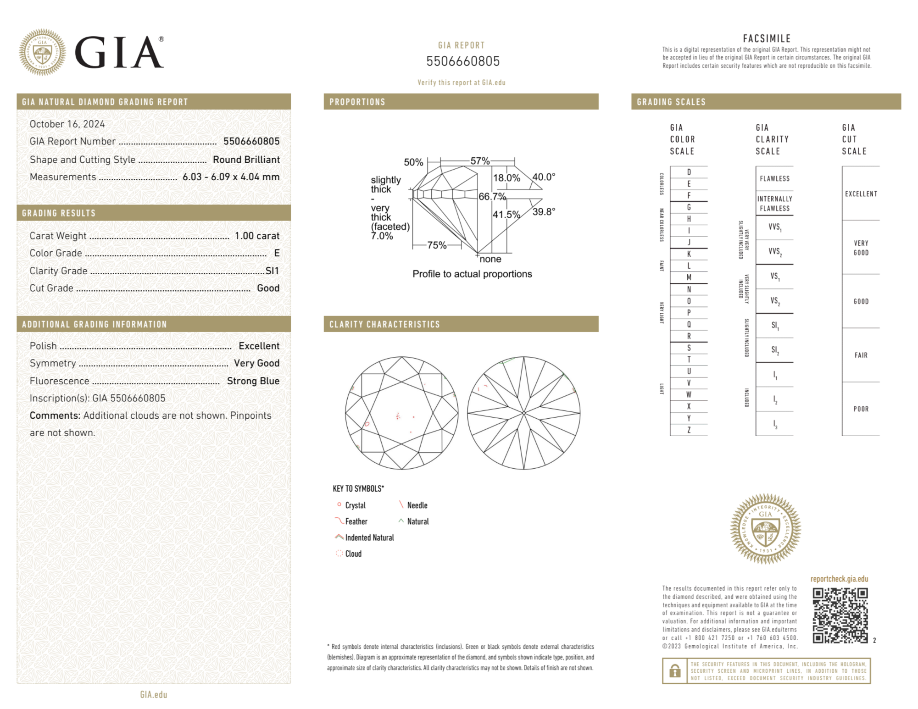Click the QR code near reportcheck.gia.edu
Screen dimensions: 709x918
click(840, 615)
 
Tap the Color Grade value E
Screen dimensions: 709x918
click(277, 253)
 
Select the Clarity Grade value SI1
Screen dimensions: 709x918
click(272, 271)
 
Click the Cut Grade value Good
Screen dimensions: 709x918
click(268, 288)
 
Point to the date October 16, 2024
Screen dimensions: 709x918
click(67, 124)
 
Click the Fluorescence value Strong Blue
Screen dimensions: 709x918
click(253, 381)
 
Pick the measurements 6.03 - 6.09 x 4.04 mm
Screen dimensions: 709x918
click(231, 177)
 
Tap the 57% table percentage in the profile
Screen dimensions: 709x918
click(480, 161)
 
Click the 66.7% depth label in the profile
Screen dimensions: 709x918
click(492, 197)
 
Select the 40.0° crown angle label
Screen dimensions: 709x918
click(544, 177)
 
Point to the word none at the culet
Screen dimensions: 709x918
click(490, 259)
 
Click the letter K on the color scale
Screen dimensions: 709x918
click(689, 254)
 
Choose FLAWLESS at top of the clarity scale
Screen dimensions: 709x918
click(774, 178)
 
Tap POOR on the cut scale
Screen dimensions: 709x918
click(861, 409)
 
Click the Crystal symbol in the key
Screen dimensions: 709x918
click(339, 504)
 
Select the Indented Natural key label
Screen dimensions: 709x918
click(369, 537)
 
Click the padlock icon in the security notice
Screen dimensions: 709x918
click(674, 671)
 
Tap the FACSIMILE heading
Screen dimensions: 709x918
click(767, 39)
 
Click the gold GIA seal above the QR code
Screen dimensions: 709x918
click(765, 528)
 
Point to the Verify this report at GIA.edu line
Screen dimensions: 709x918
click(461, 83)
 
